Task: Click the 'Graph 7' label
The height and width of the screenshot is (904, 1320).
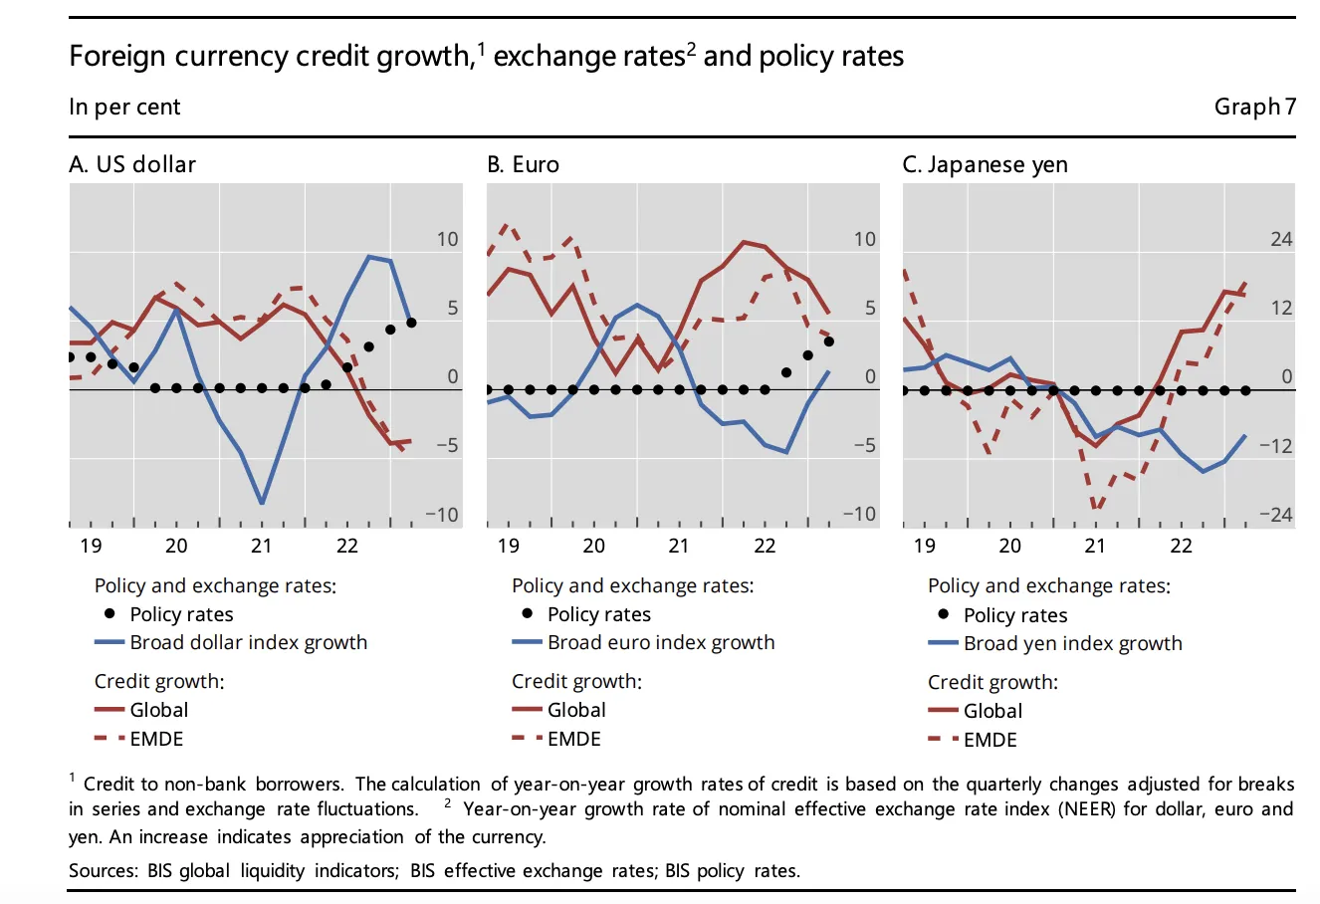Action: click(1254, 107)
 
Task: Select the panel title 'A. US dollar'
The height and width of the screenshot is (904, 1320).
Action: click(132, 164)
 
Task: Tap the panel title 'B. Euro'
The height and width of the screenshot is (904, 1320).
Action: click(523, 164)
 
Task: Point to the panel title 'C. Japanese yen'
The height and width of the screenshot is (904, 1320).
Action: click(985, 164)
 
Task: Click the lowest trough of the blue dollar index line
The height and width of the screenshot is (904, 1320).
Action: click(262, 503)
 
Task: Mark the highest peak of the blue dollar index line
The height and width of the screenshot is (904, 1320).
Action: click(369, 257)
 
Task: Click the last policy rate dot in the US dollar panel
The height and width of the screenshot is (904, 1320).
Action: click(411, 323)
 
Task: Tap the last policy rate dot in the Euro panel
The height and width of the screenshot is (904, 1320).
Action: click(829, 341)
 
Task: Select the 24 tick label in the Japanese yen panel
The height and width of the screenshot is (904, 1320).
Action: click(1281, 239)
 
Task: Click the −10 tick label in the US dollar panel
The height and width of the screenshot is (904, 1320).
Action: click(442, 515)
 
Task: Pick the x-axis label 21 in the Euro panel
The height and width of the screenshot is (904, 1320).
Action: click(678, 546)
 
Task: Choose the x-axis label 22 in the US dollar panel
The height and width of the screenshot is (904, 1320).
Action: click(347, 546)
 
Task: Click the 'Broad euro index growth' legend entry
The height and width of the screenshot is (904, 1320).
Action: click(660, 643)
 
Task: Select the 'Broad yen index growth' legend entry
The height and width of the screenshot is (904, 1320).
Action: click(1072, 644)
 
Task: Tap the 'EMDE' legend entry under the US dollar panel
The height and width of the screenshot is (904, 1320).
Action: click(156, 739)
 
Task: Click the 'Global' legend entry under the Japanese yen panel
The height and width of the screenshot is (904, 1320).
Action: click(992, 711)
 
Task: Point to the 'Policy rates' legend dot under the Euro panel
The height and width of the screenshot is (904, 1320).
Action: click(527, 613)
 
